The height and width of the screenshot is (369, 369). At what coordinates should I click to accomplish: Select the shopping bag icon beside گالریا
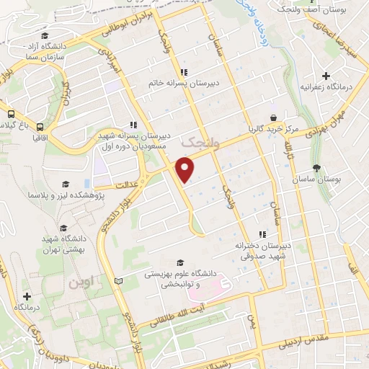click(273, 117)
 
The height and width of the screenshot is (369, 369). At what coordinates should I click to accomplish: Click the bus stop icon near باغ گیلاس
click(12, 113)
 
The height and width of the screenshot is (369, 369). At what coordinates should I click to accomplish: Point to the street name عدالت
click(130, 169)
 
